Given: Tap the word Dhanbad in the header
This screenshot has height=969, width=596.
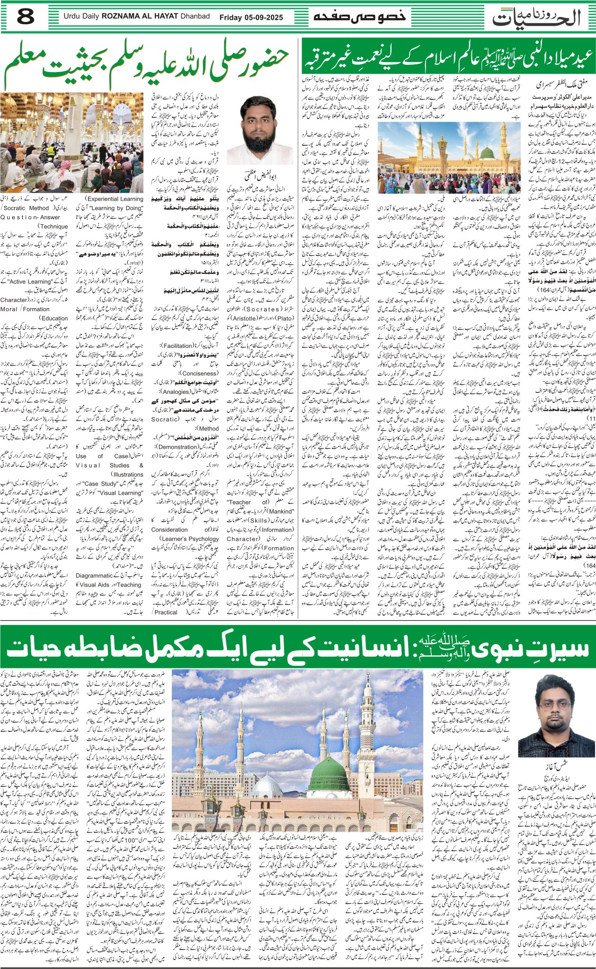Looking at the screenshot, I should [x=195, y=17].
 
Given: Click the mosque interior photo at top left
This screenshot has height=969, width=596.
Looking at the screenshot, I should [x=72, y=142].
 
